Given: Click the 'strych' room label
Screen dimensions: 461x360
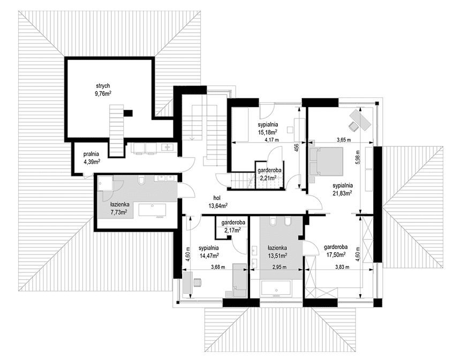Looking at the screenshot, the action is click(x=103, y=86).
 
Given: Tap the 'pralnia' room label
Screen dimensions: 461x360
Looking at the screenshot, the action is click(x=91, y=154).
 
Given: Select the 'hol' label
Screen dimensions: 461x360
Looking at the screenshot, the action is click(x=217, y=198).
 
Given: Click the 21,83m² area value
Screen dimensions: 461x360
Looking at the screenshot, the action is click(x=343, y=193).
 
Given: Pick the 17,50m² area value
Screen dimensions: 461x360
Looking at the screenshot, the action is click(x=336, y=254).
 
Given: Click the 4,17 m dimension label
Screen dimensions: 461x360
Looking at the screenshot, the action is click(x=271, y=140).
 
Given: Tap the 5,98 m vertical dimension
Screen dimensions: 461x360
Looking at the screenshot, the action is click(x=358, y=158).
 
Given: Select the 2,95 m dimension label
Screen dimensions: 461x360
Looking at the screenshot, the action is click(x=279, y=267).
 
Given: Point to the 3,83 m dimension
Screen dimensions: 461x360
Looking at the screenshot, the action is click(x=342, y=267).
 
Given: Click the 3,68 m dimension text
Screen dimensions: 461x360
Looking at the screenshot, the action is click(x=218, y=267).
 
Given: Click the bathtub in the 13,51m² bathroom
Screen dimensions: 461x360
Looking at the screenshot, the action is click(x=276, y=289).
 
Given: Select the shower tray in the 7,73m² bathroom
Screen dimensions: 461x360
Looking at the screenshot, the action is click(x=105, y=184).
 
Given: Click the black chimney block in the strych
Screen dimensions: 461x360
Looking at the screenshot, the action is click(x=128, y=113).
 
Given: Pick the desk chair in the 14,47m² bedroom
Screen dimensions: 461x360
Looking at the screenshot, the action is click(x=198, y=282).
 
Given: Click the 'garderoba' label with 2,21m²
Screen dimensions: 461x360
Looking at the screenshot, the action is click(x=269, y=170).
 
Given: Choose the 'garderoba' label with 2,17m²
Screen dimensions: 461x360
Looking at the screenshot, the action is click(x=233, y=223).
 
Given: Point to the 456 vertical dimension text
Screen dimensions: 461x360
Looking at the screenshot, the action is click(x=297, y=147).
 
